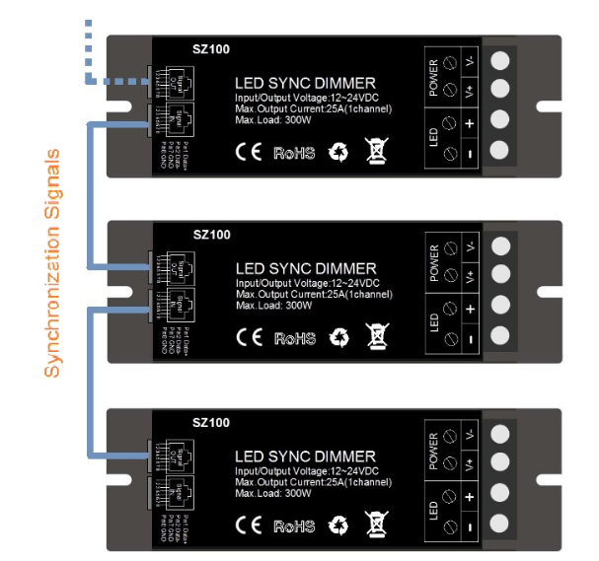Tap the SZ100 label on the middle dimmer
[212, 235]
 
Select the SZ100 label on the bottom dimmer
[212, 423]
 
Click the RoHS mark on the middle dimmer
[294, 338]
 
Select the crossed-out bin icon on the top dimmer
[377, 151]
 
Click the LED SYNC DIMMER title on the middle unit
[306, 268]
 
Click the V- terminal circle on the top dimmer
[500, 61]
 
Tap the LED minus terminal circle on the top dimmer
[500, 152]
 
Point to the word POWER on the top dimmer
[433, 77]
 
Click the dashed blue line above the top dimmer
[89, 49]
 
